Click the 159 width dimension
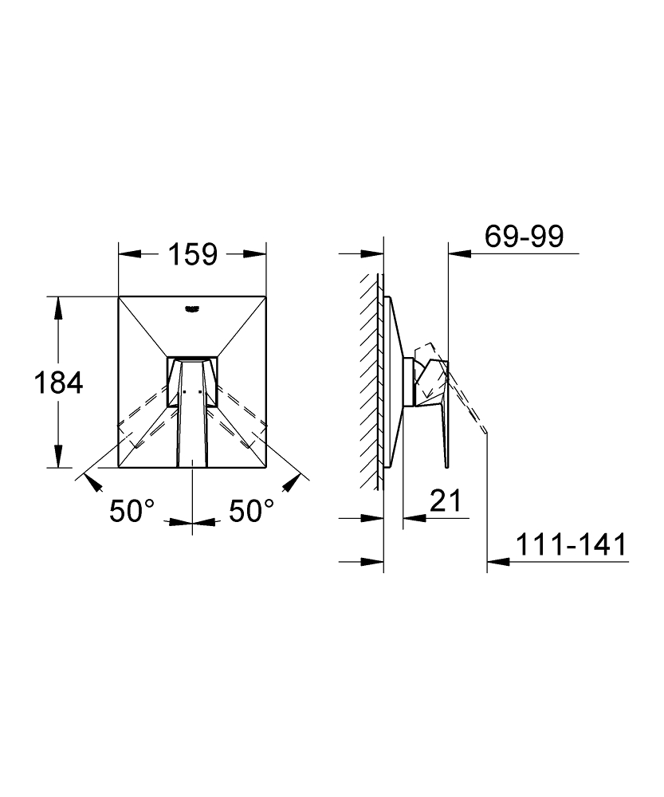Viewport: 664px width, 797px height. click(193, 254)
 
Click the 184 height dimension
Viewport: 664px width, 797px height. click(58, 383)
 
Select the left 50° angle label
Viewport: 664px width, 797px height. click(132, 511)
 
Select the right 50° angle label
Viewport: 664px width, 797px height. click(252, 511)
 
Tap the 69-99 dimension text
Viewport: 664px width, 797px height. click(525, 237)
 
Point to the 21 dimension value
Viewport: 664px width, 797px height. click(446, 501)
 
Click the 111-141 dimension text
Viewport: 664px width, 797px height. click(572, 545)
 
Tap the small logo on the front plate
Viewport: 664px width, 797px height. click(192, 308)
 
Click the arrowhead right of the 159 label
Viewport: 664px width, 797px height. click(255, 253)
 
